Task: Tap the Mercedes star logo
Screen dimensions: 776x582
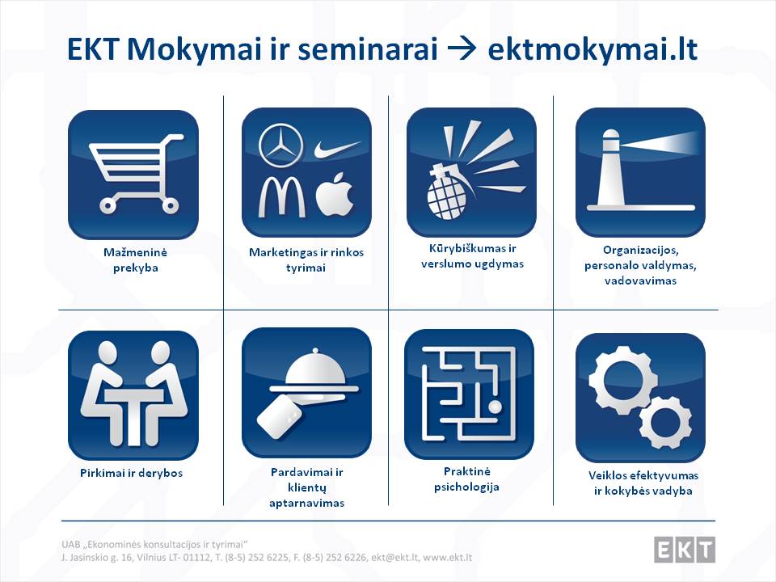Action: [x=281, y=146]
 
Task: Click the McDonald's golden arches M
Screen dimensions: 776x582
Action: [x=280, y=196]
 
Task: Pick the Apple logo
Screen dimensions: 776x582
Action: [x=335, y=195]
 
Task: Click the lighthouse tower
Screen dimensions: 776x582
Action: [x=611, y=168]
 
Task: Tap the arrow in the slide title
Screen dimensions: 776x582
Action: [x=462, y=49]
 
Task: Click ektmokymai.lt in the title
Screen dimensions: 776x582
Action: [x=593, y=49]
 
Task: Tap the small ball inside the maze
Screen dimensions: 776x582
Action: [x=495, y=407]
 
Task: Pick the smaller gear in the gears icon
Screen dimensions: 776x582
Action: [x=664, y=423]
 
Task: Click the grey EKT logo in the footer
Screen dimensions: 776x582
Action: [x=685, y=550]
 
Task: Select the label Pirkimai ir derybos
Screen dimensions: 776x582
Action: [x=131, y=473]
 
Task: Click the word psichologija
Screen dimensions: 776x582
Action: [x=466, y=487]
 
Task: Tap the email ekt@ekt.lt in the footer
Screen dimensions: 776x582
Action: [x=395, y=558]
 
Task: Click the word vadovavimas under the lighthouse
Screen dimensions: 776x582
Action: [x=640, y=280]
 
